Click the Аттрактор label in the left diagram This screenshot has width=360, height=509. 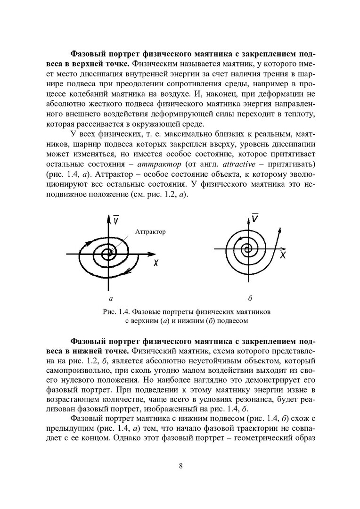click(150, 232)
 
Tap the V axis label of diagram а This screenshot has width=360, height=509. click(115, 221)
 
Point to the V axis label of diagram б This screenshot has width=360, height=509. click(255, 218)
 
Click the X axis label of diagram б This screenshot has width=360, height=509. click(283, 255)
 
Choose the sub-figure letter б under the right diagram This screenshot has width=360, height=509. click(250, 298)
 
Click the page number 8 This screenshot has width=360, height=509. click(181, 466)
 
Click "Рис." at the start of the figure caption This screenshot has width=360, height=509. click(108, 312)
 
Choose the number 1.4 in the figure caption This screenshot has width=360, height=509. click(124, 312)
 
